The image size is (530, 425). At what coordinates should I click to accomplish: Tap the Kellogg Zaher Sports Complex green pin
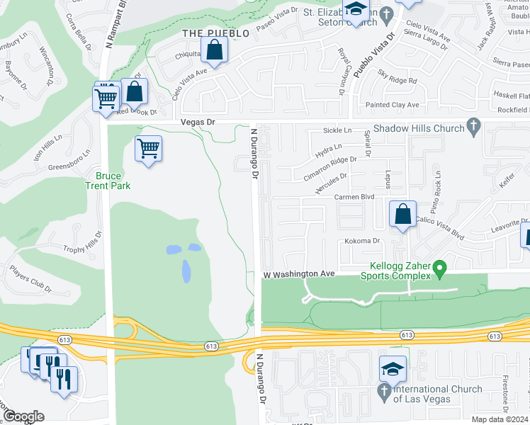point(440,268)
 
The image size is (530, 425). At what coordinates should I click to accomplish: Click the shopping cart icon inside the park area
point(148,149)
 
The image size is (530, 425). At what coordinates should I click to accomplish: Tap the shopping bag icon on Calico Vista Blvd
point(402,214)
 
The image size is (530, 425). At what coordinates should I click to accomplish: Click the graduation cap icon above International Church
point(393,369)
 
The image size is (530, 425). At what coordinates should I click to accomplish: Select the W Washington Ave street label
point(298,273)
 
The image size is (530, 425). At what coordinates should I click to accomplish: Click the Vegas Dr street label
point(197,123)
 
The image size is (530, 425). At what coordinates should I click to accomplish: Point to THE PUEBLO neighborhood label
point(216,33)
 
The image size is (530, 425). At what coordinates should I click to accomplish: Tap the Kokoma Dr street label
point(363,241)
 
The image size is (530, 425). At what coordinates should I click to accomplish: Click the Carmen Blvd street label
point(354,197)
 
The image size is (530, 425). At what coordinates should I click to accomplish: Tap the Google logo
point(23,416)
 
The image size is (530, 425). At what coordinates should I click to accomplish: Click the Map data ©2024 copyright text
point(500,419)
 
